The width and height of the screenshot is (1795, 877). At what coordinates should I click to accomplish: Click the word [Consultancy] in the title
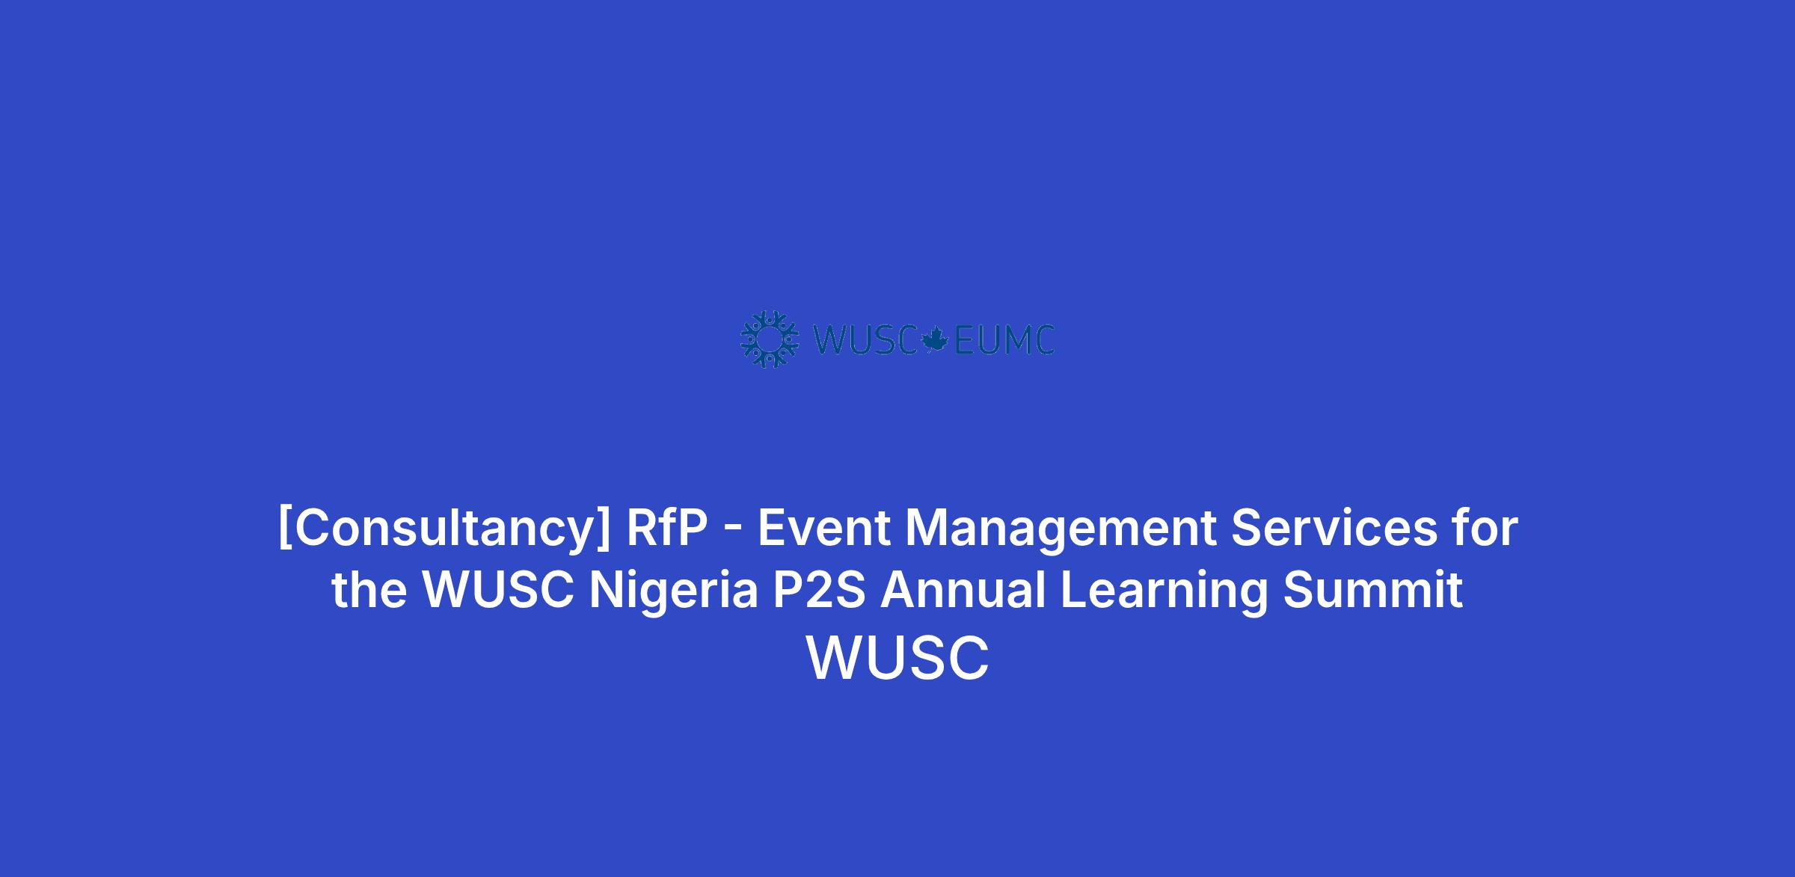point(444,529)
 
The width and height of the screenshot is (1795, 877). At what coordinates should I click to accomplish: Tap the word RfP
point(666,527)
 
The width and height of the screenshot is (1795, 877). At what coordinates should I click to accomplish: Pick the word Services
point(1334,527)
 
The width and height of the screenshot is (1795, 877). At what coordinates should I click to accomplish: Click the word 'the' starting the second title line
point(369,589)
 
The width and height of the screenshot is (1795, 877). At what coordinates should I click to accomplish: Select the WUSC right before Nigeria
point(498,589)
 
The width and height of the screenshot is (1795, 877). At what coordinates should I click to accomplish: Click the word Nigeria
point(674,591)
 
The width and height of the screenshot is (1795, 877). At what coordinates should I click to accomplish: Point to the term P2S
point(819,589)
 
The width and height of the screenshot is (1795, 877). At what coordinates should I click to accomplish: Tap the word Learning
point(1165,591)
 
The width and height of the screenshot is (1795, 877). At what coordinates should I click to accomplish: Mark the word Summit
point(1373,589)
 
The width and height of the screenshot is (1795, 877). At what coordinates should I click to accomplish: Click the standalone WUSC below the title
point(897,658)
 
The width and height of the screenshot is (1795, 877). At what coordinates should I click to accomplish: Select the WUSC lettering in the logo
point(865,340)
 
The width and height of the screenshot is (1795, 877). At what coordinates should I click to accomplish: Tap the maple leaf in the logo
point(935,339)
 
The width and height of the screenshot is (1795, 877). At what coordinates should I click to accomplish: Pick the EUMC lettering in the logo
point(1004,340)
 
